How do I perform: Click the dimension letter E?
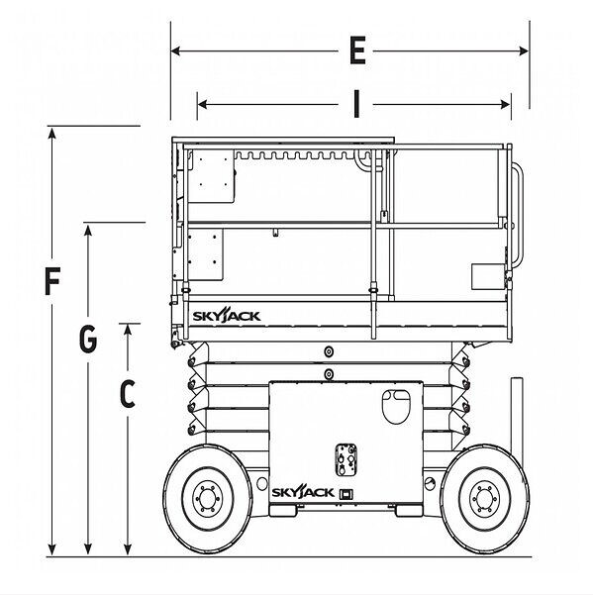coord(357,50)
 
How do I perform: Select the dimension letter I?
coord(355,104)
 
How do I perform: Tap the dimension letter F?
coord(52,281)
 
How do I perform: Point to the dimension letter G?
coord(88,339)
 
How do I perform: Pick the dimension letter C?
coord(128,393)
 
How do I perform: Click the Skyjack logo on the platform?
coord(227,315)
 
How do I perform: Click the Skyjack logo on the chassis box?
coord(302,493)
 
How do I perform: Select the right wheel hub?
coord(484,498)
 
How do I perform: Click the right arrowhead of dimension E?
coord(524,50)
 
